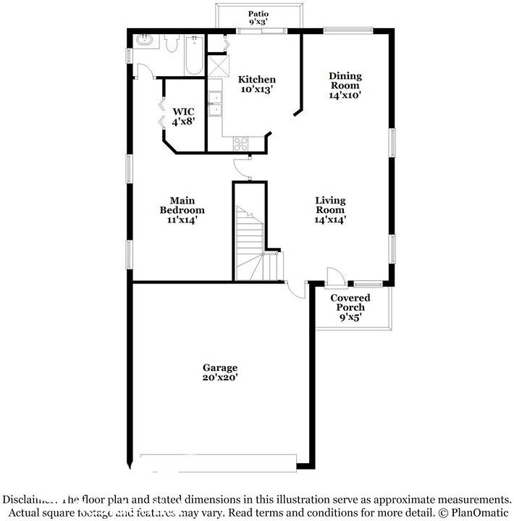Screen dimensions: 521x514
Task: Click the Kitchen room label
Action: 258,84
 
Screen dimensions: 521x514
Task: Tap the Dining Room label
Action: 345,85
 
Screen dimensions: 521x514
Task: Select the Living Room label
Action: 330,209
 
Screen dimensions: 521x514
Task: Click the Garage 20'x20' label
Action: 220,372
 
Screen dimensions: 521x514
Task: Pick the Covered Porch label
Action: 350,307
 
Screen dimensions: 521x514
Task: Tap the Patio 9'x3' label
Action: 258,18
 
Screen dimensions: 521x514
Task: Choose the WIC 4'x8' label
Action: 182,116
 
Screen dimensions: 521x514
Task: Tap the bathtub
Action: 194,54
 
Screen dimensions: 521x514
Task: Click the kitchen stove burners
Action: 240,143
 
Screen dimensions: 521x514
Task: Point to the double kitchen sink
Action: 215,104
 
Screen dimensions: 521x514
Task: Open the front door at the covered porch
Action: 335,277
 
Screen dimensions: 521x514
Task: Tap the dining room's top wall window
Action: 348,30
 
